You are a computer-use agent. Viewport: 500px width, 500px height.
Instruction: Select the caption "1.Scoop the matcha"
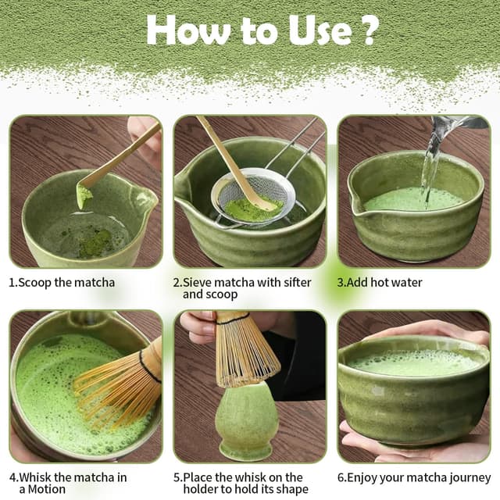63,282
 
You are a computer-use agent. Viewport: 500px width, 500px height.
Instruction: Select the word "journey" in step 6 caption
466,477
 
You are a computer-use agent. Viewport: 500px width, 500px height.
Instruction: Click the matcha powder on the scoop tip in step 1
84,196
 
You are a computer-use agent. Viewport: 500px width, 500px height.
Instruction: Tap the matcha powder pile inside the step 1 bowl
94,245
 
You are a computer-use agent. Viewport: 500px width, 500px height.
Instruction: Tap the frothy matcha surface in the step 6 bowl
413,362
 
